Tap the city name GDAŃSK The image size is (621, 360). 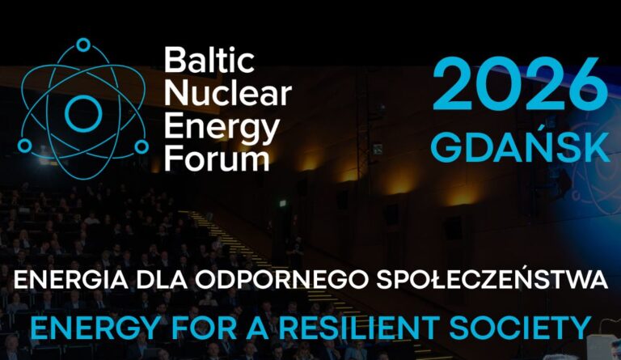(520, 147)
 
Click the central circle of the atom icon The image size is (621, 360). (82, 112)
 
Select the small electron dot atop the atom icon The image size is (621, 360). (82, 44)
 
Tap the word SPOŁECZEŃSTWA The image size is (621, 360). (493, 282)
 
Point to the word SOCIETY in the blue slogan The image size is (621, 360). (530, 328)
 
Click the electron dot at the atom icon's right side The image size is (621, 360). (142, 146)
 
